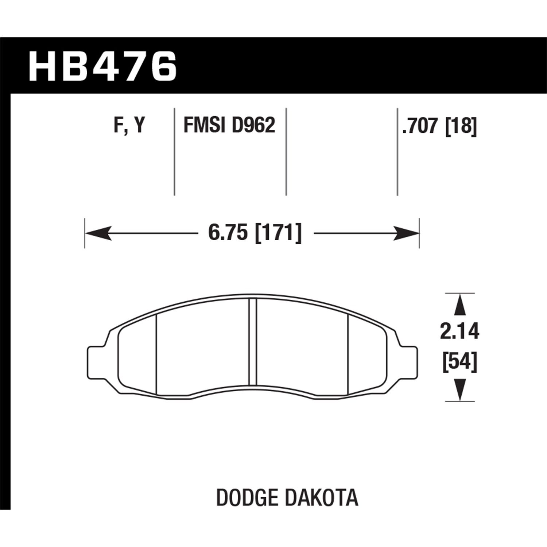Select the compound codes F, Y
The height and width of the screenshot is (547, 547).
pyautogui.click(x=129, y=126)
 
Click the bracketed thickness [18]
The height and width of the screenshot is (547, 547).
pyautogui.click(x=461, y=127)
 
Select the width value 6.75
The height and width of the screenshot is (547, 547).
pyautogui.click(x=227, y=233)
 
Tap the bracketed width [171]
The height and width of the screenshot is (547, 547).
pyautogui.click(x=279, y=233)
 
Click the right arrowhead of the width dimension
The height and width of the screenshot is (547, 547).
pyautogui.click(x=406, y=233)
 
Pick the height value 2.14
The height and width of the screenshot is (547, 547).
pyautogui.click(x=459, y=331)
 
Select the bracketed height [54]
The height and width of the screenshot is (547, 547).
pyautogui.click(x=459, y=362)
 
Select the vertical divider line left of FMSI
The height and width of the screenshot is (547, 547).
pyautogui.click(x=174, y=151)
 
